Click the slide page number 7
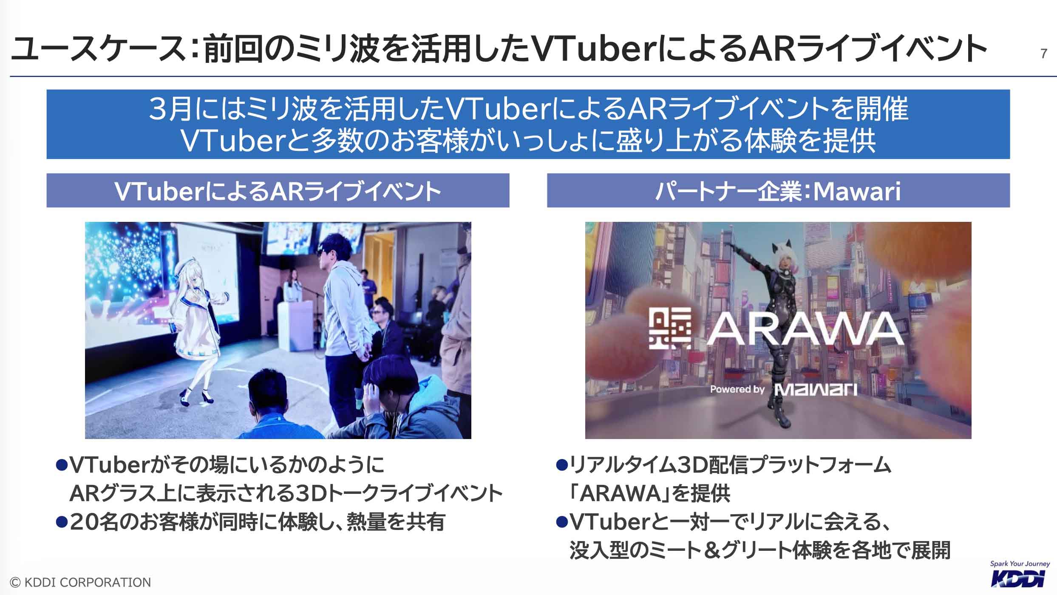click(x=1043, y=54)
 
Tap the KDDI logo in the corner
click(x=1020, y=578)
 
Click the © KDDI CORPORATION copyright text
click(x=81, y=582)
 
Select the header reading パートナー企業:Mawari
click(x=778, y=191)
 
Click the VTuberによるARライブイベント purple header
click(x=278, y=191)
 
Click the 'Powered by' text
click(x=737, y=389)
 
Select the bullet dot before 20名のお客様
click(x=62, y=521)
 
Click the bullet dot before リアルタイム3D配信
click(x=562, y=464)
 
